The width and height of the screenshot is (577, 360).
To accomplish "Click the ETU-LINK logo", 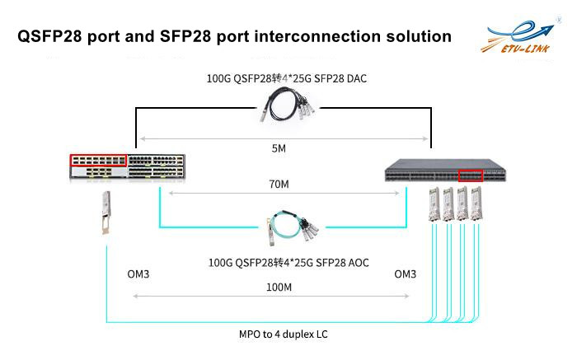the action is [x=518, y=37].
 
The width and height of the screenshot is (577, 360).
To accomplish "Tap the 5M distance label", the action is [x=279, y=148].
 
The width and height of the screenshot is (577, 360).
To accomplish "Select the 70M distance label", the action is [x=279, y=184].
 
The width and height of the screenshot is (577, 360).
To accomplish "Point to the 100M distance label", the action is [x=279, y=288].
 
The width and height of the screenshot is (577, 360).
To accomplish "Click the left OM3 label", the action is [x=138, y=274].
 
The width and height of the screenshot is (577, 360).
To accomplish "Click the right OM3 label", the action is [x=406, y=274].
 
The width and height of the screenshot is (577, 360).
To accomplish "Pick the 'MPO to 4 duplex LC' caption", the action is [x=283, y=334].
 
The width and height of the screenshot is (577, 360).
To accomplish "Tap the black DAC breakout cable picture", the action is [x=288, y=104].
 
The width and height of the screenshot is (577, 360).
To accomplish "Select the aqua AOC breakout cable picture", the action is [x=293, y=227].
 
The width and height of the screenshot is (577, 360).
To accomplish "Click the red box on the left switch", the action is [x=98, y=161].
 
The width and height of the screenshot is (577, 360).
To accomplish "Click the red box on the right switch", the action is [x=471, y=175].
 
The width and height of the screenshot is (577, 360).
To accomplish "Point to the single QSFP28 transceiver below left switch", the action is [x=106, y=213].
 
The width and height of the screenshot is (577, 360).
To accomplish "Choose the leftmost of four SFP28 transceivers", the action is [x=434, y=204].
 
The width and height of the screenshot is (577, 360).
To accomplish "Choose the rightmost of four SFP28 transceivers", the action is [x=476, y=204].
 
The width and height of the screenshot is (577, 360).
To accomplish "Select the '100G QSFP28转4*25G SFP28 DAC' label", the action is [x=287, y=78].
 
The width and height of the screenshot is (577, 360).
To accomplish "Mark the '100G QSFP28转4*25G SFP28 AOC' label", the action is [x=288, y=263].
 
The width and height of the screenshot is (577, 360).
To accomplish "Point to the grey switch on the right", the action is [x=445, y=171].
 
